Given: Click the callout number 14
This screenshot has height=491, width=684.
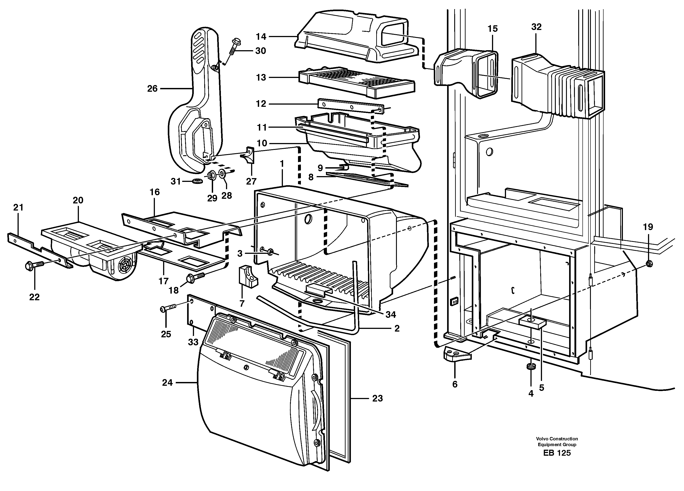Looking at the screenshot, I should pyautogui.click(x=261, y=37).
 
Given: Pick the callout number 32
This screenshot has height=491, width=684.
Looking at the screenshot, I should pyautogui.click(x=536, y=27).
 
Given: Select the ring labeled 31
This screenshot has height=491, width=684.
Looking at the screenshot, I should pyautogui.click(x=198, y=181).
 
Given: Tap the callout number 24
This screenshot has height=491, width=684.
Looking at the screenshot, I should pyautogui.click(x=167, y=382).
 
